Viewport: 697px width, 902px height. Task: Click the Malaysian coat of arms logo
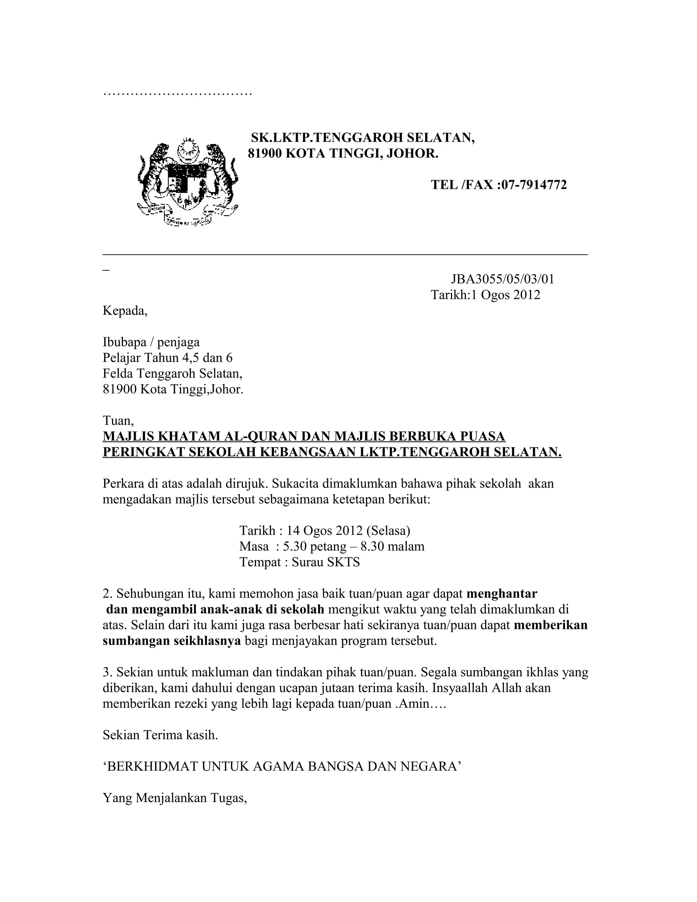tap(188, 182)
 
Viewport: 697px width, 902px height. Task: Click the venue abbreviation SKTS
tap(343, 562)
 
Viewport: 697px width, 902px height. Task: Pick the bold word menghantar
tap(502, 594)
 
